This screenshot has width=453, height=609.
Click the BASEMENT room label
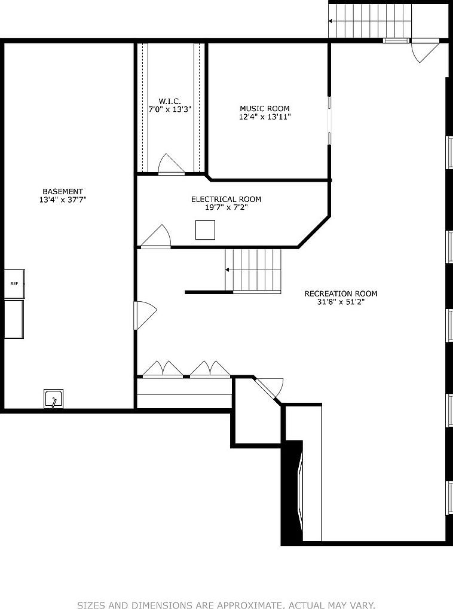[x=63, y=191]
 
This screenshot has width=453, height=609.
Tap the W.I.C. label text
[x=170, y=101]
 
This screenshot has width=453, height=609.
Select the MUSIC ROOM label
[x=265, y=109]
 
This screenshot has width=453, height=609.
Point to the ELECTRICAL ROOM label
[x=226, y=199]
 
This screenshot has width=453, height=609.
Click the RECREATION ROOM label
[x=341, y=293]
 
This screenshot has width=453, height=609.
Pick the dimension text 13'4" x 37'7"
[x=63, y=200]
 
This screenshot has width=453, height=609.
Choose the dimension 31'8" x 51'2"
[x=341, y=302]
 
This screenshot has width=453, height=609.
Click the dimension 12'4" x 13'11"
[x=265, y=117]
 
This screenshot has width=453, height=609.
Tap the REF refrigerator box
[x=14, y=284]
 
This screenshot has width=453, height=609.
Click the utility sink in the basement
[x=53, y=399]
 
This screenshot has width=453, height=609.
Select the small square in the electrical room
[x=205, y=230]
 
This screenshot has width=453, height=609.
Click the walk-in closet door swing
[x=170, y=165]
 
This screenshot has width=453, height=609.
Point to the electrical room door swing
[x=157, y=237]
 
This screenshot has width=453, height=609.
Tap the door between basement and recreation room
[x=145, y=314]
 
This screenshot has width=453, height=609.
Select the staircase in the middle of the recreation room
[x=253, y=270]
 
